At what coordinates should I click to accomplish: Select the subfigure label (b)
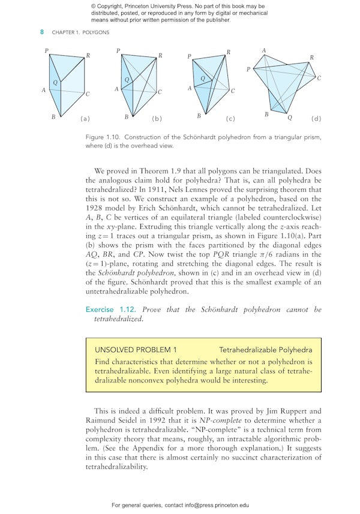click(157, 119)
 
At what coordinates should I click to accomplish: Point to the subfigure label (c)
click(230, 119)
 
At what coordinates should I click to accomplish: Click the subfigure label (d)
click(316, 119)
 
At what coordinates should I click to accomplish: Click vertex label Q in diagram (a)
click(55, 81)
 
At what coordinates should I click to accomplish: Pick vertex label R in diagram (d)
click(311, 58)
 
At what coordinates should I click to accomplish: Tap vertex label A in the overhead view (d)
click(264, 50)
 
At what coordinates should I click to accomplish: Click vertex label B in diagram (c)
click(199, 116)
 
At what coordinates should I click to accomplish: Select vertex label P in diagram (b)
click(118, 51)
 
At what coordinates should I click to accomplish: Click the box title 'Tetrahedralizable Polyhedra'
click(265, 349)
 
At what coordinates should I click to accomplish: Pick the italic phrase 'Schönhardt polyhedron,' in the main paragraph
click(130, 272)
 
